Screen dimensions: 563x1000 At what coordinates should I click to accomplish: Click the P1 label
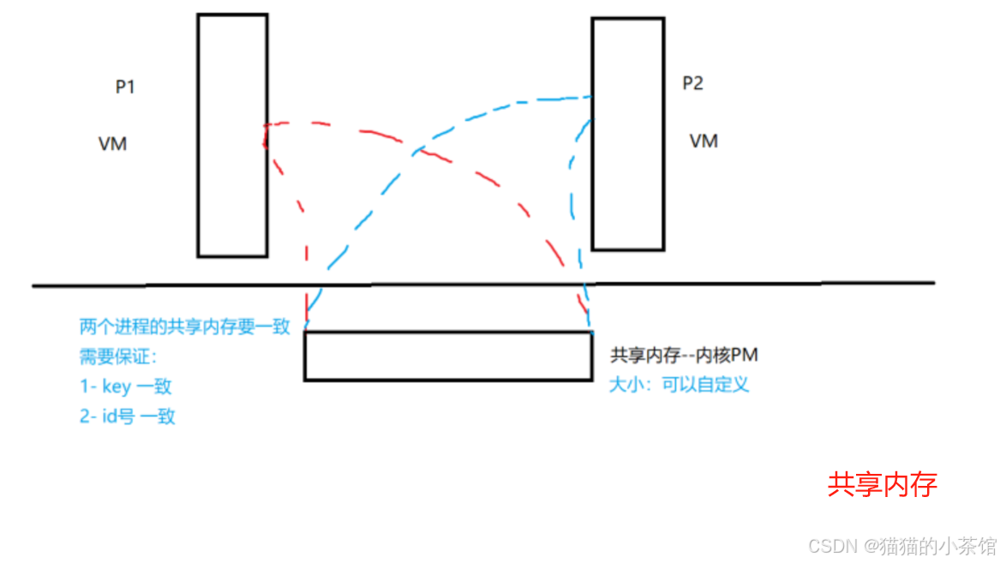tap(125, 87)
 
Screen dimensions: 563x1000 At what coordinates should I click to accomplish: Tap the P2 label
tap(692, 84)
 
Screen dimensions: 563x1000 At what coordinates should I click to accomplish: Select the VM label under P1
tap(113, 144)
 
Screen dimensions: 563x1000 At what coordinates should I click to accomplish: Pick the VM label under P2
tap(704, 141)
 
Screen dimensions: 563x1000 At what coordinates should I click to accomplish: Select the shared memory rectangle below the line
tap(447, 356)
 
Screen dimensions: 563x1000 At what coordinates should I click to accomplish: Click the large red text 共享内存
tap(882, 485)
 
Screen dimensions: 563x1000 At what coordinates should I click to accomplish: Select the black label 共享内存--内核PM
tap(684, 356)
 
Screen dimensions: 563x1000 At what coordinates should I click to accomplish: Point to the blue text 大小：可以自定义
tap(679, 384)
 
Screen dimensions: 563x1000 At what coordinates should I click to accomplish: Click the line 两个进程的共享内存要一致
tap(185, 326)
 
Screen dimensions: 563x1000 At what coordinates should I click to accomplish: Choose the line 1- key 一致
tap(125, 386)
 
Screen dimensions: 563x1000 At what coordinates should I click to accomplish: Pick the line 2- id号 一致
tap(128, 416)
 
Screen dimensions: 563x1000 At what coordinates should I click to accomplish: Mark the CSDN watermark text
tap(902, 545)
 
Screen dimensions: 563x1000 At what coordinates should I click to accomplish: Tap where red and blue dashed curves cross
tap(417, 152)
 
